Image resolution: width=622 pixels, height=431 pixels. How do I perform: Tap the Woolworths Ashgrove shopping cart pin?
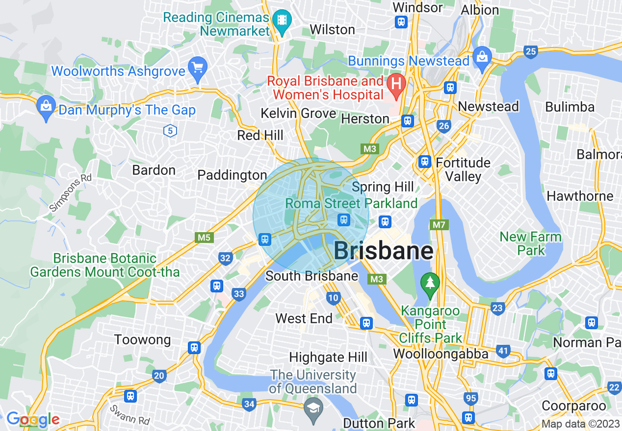[198, 68]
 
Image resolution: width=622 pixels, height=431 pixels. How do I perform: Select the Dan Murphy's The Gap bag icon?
[46, 106]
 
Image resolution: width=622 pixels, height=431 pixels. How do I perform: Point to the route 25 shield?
[530, 51]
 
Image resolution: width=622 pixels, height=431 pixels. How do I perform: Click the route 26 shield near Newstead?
[444, 126]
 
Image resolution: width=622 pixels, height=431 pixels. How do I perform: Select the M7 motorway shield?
[439, 225]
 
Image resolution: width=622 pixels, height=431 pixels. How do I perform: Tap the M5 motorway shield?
[204, 238]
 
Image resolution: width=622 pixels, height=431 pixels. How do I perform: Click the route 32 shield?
[226, 258]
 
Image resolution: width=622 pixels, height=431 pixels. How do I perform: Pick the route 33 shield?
[239, 294]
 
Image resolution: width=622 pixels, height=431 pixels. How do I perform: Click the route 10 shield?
[333, 297]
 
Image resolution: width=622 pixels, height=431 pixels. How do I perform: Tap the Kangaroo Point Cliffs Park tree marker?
[430, 284]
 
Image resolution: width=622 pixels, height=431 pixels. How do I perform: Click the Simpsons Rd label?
[71, 192]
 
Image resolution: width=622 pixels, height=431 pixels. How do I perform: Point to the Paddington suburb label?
[232, 175]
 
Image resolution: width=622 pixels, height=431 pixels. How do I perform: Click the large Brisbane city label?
[383, 251]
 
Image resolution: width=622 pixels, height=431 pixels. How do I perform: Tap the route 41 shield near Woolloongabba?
[502, 351]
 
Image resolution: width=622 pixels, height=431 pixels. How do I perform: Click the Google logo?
[33, 419]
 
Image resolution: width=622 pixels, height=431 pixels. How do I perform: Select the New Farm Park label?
[530, 243]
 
